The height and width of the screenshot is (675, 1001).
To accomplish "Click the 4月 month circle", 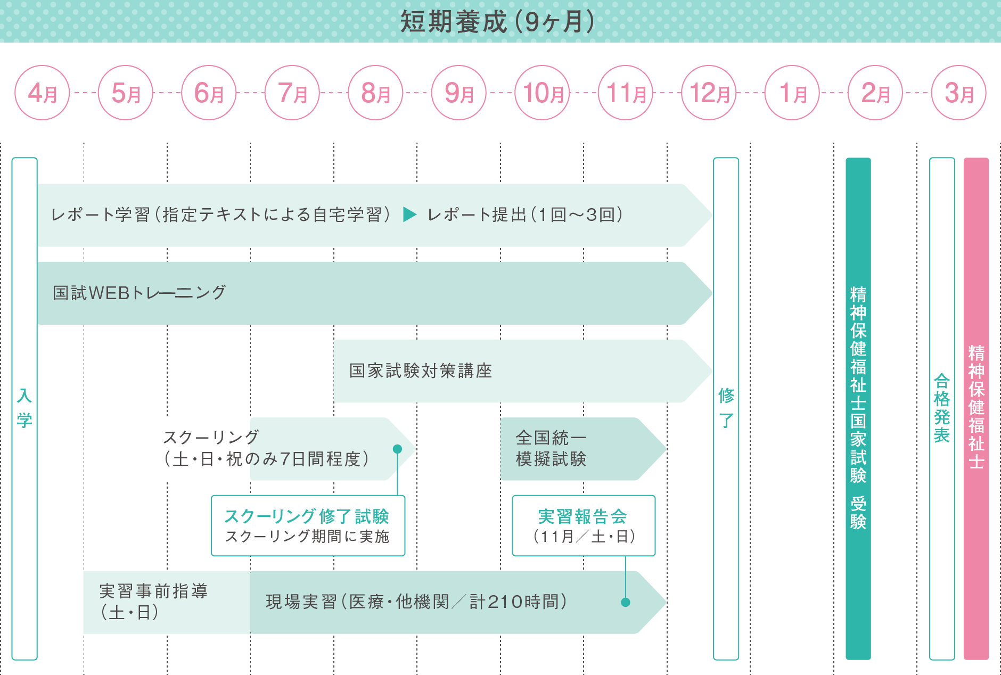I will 42,93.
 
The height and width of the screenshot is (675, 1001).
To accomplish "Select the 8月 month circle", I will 375,93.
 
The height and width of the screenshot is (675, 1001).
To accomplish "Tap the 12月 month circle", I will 709,93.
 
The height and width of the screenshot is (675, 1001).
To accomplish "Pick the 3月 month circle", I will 958,93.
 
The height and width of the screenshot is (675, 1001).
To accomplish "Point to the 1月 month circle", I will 792,93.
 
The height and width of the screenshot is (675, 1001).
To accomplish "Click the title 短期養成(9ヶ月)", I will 497,22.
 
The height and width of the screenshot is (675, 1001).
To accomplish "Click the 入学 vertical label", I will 24,408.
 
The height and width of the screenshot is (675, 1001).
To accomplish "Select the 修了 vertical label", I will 726,408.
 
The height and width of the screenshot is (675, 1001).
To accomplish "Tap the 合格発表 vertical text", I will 941,408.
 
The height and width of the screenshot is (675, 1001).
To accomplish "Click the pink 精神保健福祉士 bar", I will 976,408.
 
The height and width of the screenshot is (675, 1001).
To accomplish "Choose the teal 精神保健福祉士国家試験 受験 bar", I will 858,408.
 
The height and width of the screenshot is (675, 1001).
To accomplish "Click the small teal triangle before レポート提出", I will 409,215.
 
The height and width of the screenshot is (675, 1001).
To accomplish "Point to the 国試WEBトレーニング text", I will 140,293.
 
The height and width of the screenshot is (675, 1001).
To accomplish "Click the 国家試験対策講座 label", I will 421,371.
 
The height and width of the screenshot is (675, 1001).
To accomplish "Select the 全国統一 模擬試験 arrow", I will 575,449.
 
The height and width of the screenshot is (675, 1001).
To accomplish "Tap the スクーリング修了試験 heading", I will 307,516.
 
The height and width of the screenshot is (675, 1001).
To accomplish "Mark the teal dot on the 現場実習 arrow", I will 626,603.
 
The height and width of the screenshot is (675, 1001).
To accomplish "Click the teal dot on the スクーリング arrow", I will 397,449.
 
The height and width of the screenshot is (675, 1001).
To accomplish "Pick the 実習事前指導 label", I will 153,591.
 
